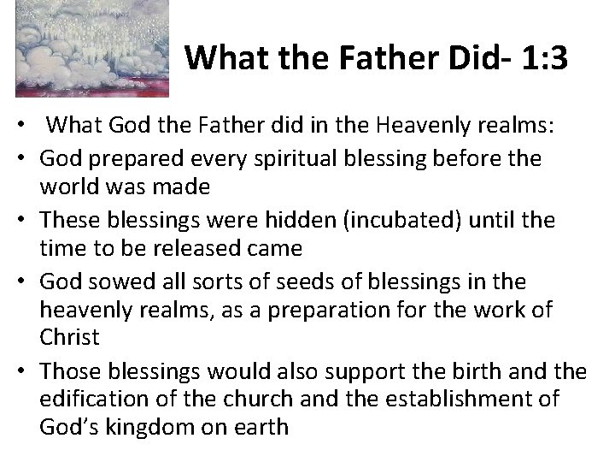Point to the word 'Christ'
coord(69,336)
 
